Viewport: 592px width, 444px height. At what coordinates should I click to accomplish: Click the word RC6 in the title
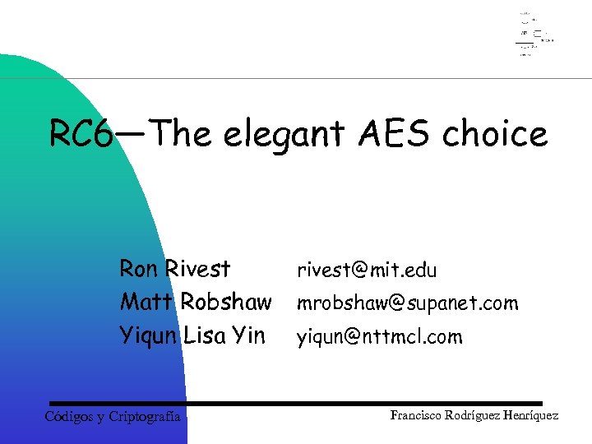pyautogui.click(x=80, y=134)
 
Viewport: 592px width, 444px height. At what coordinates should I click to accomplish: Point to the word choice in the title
pyautogui.click(x=494, y=133)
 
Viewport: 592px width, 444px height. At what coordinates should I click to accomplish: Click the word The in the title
pyautogui.click(x=181, y=133)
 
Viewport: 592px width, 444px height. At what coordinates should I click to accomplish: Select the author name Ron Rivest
pyautogui.click(x=175, y=269)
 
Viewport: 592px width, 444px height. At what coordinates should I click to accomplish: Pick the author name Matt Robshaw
pyautogui.click(x=195, y=302)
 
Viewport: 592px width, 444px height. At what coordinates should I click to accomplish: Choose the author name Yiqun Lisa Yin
pyautogui.click(x=192, y=335)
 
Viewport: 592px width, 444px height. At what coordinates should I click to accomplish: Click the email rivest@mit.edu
pyautogui.click(x=367, y=270)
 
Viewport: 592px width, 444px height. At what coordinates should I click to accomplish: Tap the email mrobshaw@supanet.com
pyautogui.click(x=408, y=303)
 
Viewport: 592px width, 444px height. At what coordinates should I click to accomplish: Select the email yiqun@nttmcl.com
pyautogui.click(x=380, y=336)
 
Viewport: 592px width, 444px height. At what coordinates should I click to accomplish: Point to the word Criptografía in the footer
pyautogui.click(x=146, y=417)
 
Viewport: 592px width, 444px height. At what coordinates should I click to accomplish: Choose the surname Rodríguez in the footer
pyautogui.click(x=477, y=416)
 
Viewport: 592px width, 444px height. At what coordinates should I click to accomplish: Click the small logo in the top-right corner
pyautogui.click(x=533, y=34)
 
